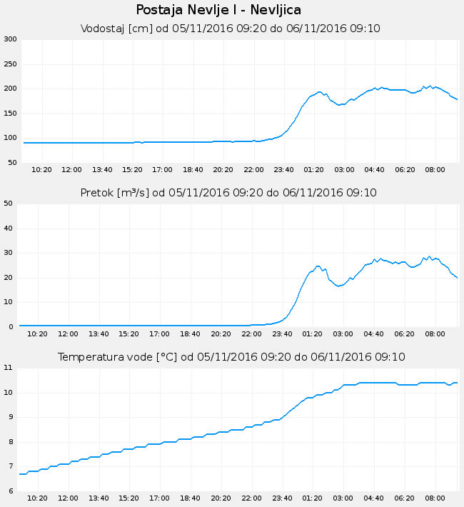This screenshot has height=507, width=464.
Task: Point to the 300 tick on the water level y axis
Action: [10, 39]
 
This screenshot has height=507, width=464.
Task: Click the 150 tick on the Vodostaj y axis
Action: [10, 114]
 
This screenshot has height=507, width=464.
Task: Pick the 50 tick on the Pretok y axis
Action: [9, 204]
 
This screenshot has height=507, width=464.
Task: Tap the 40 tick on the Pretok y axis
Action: [9, 229]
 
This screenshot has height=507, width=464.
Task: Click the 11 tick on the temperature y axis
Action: [9, 368]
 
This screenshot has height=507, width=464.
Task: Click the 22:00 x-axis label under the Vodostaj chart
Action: [253, 170]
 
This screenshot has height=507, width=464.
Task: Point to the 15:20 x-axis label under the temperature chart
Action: [128, 498]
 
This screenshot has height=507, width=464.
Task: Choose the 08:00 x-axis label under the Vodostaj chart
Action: [435, 170]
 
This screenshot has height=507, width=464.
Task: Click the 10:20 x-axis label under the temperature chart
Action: [38, 498]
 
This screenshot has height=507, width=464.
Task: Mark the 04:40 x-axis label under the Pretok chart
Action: [374, 333]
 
